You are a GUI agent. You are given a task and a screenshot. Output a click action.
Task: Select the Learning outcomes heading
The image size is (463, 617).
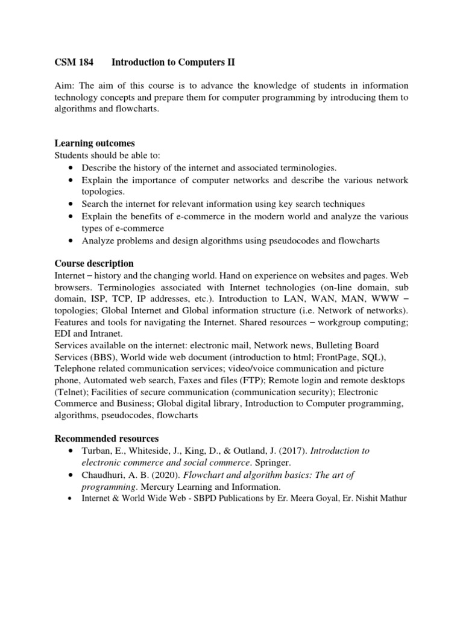click(x=95, y=143)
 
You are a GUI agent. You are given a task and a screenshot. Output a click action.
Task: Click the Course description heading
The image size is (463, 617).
click(x=94, y=264)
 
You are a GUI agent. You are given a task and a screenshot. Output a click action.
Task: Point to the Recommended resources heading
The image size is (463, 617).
click(x=107, y=437)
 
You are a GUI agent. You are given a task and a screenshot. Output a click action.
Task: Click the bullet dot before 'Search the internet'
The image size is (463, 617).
click(x=72, y=204)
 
